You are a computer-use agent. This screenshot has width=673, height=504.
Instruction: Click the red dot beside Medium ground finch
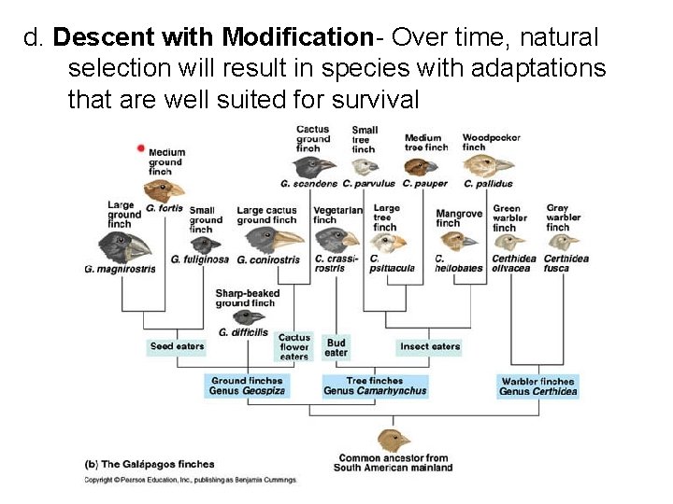pyautogui.click(x=141, y=147)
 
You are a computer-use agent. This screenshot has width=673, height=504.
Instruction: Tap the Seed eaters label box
pyautogui.click(x=177, y=346)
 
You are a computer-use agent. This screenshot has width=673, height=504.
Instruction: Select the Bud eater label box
pyautogui.click(x=336, y=347)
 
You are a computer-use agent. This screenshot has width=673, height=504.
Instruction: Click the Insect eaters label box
pyautogui.click(x=430, y=346)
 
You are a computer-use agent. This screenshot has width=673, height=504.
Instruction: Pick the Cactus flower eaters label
pyautogui.click(x=294, y=347)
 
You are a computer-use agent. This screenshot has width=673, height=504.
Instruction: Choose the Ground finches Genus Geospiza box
pyautogui.click(x=247, y=386)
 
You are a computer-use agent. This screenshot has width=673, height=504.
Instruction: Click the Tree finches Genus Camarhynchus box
pyautogui.click(x=375, y=386)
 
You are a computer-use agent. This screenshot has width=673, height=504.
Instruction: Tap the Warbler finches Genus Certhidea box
pyautogui.click(x=537, y=386)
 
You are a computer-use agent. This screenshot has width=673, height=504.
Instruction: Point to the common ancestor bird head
pyautogui.click(x=393, y=440)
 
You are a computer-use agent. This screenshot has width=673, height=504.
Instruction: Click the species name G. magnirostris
pyautogui.click(x=120, y=270)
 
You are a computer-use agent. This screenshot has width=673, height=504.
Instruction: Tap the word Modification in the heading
pyautogui.click(x=298, y=37)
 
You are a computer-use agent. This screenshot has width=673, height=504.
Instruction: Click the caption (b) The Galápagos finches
pyautogui.click(x=150, y=464)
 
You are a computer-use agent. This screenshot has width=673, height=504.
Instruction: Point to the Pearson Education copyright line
pyautogui.click(x=190, y=480)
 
